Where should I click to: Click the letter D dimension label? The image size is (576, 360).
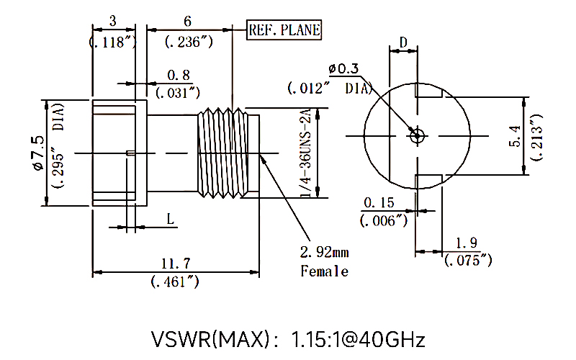404,42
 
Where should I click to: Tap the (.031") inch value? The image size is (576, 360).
179,91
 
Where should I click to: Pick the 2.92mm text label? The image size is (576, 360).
324,252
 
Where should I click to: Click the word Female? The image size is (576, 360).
324,271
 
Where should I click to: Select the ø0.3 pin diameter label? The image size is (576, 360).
343,68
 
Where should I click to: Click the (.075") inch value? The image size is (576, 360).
468,259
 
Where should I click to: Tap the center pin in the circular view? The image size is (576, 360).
415,135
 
